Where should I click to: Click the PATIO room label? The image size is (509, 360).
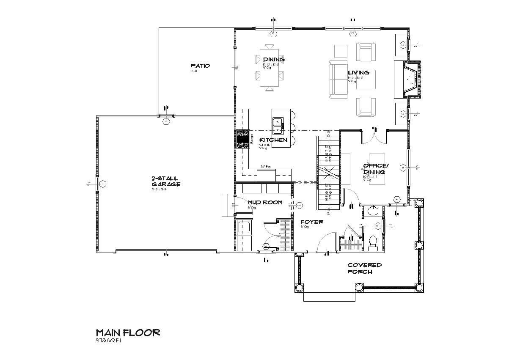(200, 66)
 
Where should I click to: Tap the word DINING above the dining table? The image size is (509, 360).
(273, 59)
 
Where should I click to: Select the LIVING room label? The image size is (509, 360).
(358, 72)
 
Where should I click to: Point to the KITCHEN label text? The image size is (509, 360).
(273, 140)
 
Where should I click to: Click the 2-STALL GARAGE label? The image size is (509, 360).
(166, 181)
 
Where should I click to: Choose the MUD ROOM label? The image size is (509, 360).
(265, 202)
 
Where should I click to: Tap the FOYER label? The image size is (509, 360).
(312, 222)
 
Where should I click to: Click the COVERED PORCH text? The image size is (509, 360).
(364, 268)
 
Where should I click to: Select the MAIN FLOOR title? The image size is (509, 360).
(128, 333)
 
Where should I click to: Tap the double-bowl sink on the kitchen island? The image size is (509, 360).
(278, 126)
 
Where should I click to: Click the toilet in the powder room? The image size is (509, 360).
(373, 241)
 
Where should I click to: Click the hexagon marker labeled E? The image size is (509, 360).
(273, 33)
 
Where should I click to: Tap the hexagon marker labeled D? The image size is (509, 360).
(352, 33)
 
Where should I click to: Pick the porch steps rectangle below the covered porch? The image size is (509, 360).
(329, 296)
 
